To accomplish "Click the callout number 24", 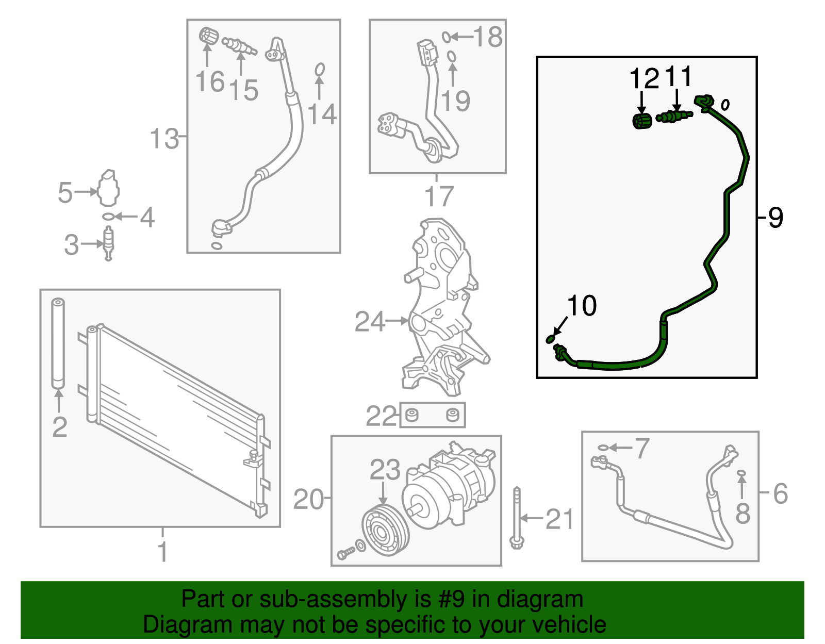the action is coord(370,321).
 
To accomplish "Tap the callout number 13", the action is coord(164,138).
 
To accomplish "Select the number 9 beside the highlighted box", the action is coord(775,218).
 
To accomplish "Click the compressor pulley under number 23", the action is coord(385,530).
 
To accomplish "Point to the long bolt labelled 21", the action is coord(517,518).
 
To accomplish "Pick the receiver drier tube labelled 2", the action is coord(58,343).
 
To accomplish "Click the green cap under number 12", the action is coord(642,121).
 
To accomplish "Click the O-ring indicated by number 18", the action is coord(447,37).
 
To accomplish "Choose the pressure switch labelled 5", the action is coord(109,188).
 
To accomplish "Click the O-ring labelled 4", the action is coord(108,217).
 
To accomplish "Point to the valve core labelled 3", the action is coord(109,243).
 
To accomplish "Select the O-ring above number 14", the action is coord(320,70).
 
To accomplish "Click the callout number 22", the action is coord(381,416).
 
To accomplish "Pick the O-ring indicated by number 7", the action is coord(603,448).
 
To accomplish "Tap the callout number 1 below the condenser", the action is coord(162,552).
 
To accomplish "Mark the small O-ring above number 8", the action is coord(741,473).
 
